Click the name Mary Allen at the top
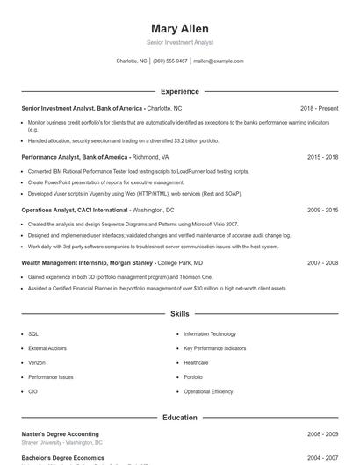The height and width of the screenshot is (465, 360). (179, 28)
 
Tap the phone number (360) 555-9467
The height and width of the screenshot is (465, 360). (170, 61)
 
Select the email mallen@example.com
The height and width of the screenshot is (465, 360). (219, 61)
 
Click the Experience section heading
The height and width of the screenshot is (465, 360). (179, 91)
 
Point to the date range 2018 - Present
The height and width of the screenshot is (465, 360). (319, 108)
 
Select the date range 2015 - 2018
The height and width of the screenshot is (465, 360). (322, 157)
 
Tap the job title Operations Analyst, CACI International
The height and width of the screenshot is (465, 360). (76, 211)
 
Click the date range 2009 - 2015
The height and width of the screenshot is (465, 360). (322, 211)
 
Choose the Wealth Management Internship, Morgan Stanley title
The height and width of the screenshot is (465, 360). (88, 262)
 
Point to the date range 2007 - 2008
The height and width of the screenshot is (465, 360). (322, 262)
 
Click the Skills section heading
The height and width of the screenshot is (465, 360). (179, 313)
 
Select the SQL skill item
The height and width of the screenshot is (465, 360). (33, 334)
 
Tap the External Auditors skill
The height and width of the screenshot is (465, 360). (47, 348)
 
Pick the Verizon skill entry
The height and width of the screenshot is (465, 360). (37, 362)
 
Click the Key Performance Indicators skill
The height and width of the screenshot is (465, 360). (216, 348)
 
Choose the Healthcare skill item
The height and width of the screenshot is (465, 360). (196, 362)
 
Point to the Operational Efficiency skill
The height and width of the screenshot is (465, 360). (208, 391)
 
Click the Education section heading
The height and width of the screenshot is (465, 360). (179, 418)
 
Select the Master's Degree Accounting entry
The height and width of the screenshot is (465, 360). (60, 434)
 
